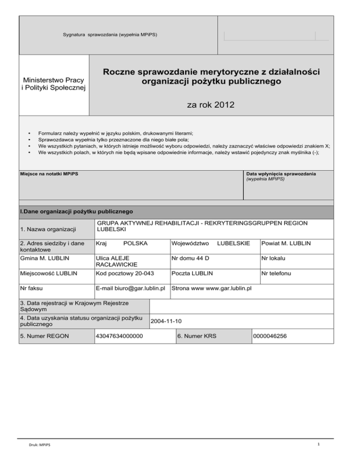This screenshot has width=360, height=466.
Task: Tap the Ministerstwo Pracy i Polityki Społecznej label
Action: coord(54,84)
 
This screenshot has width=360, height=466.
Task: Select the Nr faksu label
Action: coord(33,287)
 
